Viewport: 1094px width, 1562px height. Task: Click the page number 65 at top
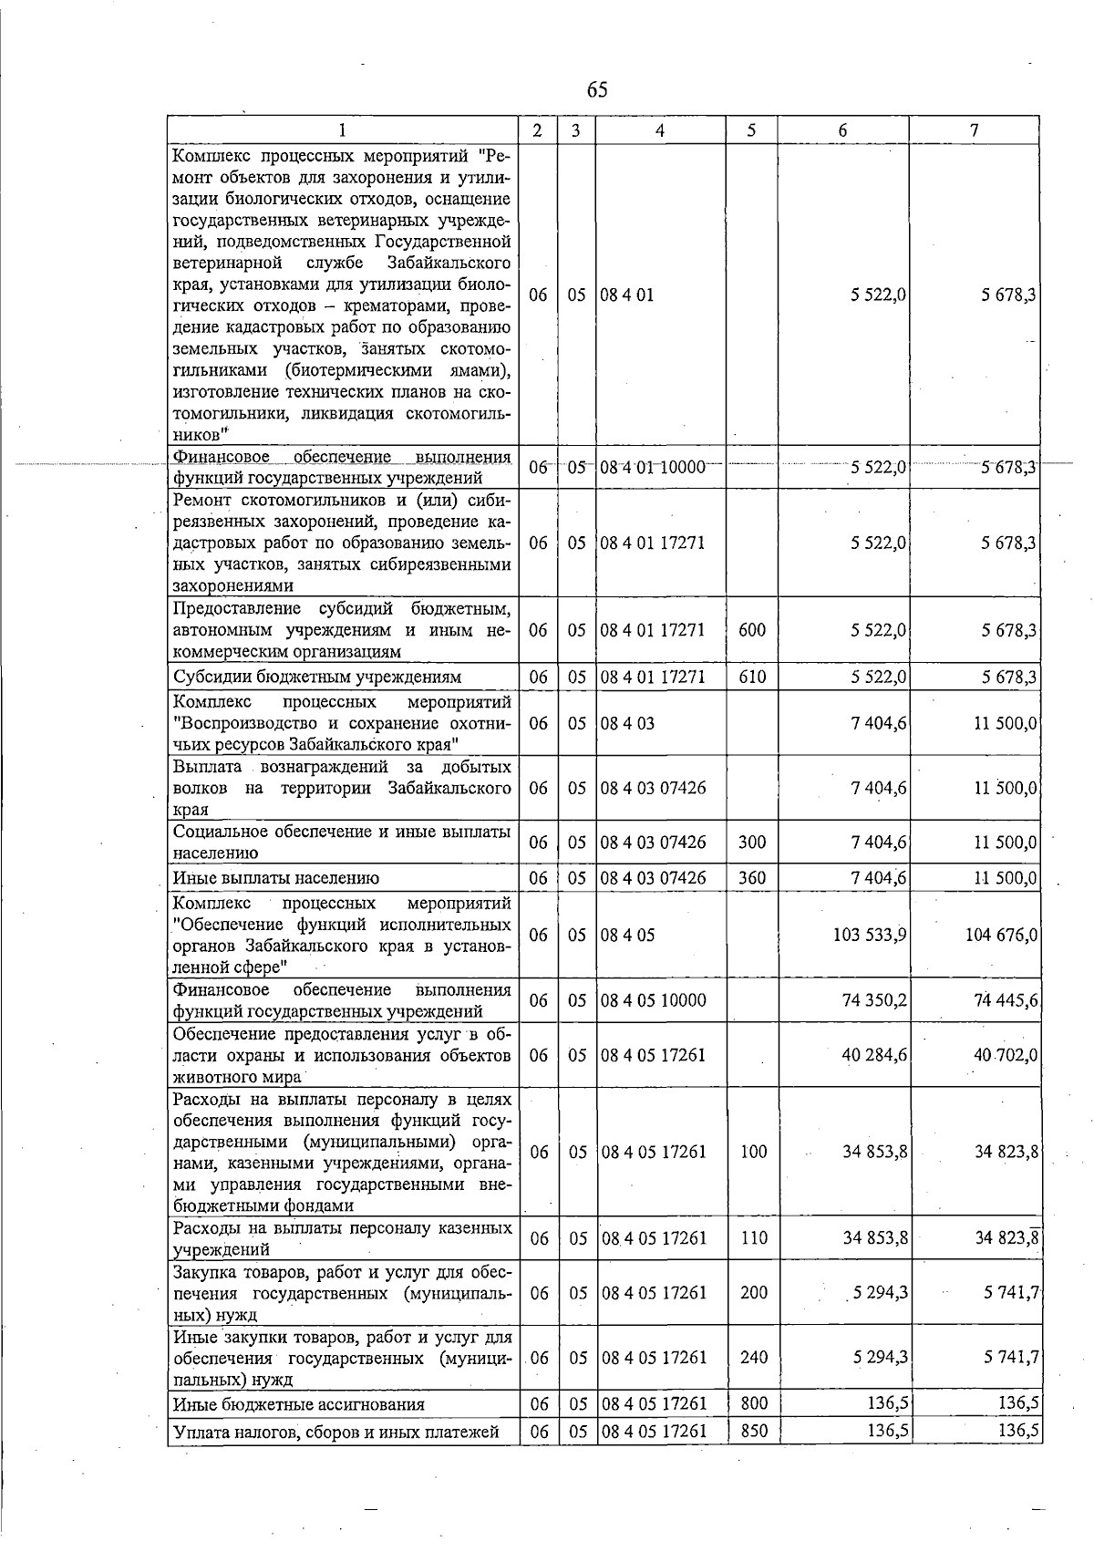[597, 89]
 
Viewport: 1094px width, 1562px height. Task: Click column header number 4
[659, 130]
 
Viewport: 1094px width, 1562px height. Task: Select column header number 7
[974, 130]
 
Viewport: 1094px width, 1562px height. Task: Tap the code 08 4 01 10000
[653, 468]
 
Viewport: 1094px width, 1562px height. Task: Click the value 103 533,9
[869, 935]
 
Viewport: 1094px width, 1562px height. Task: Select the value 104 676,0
[1001, 935]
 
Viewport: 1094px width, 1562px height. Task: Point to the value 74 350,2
[874, 1000]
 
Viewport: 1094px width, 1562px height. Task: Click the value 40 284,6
[874, 1055]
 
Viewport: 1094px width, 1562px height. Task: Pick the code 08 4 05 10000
[653, 1000]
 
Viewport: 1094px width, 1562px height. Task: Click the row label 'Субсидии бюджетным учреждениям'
[317, 677]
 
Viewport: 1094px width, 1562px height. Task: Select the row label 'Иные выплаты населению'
[275, 878]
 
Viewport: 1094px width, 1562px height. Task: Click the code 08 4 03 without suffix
[627, 723]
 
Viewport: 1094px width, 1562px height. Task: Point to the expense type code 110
[753, 1238]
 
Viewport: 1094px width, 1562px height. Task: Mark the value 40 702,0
[1006, 1055]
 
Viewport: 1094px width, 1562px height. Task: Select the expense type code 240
[753, 1357]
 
